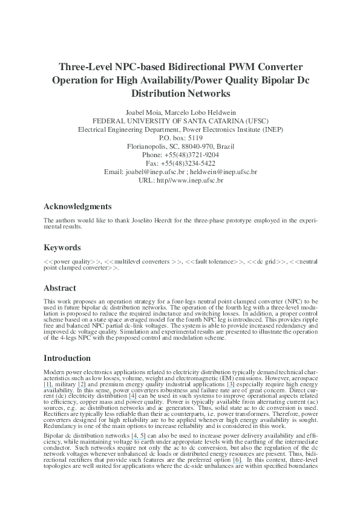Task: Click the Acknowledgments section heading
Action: (x=77, y=206)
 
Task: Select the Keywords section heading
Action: (x=62, y=247)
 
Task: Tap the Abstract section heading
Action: (x=60, y=288)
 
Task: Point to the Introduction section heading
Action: (x=67, y=358)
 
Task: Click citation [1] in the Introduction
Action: (x=48, y=384)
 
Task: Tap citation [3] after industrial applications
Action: (x=231, y=384)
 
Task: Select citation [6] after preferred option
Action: (x=237, y=460)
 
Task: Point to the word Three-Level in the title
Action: (x=85, y=66)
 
